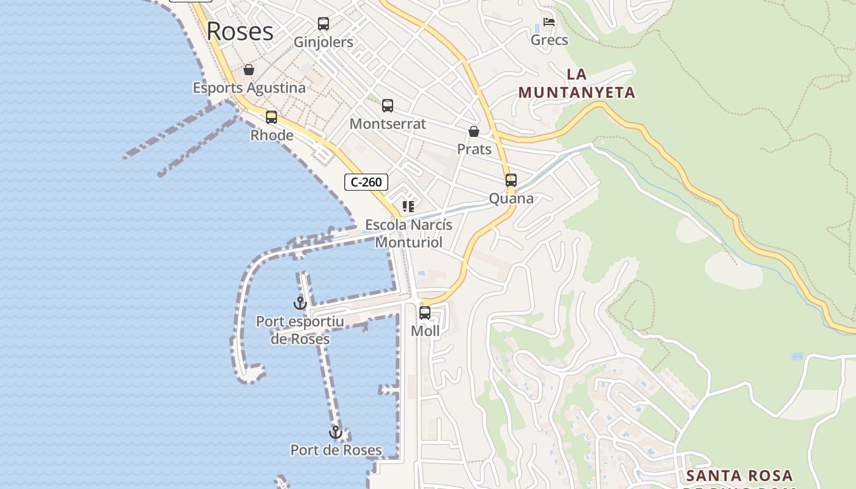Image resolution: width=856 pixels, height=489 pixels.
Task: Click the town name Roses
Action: click(240, 31)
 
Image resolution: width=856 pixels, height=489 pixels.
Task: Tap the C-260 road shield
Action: click(366, 182)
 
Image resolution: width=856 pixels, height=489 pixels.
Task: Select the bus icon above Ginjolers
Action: click(323, 24)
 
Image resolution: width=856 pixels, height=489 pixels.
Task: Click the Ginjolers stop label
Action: click(323, 42)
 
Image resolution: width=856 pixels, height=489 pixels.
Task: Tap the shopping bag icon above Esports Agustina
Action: click(249, 70)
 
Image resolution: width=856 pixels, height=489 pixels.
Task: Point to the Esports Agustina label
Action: click(249, 88)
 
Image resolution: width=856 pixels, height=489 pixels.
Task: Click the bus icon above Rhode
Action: click(271, 117)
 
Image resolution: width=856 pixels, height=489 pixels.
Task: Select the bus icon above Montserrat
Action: click(388, 106)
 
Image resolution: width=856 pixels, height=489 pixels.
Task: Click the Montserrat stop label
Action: click(388, 123)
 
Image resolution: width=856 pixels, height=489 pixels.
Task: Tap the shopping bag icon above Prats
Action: click(474, 131)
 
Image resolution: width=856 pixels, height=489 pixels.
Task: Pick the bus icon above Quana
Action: click(511, 180)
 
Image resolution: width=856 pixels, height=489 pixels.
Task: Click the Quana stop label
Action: click(511, 199)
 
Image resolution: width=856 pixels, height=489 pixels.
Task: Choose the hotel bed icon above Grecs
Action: click(549, 23)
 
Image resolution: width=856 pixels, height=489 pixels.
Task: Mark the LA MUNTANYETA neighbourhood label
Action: click(577, 84)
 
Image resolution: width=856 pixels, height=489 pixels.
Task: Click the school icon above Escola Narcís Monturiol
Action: click(408, 207)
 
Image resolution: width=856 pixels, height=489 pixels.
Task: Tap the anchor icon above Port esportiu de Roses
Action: click(300, 303)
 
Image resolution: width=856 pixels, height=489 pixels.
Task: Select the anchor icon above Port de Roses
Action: click(336, 433)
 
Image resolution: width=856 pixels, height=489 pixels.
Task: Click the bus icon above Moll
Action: click(425, 313)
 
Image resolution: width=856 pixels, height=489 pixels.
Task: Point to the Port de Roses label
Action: click(336, 450)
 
